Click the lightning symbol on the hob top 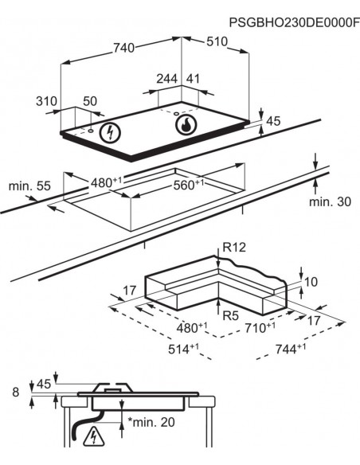click(107, 132)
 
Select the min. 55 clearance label click(29, 186)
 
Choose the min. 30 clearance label click(329, 202)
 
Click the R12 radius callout click(235, 248)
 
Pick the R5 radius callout click(231, 316)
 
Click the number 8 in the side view click(14, 392)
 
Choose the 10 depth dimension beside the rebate click(311, 282)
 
